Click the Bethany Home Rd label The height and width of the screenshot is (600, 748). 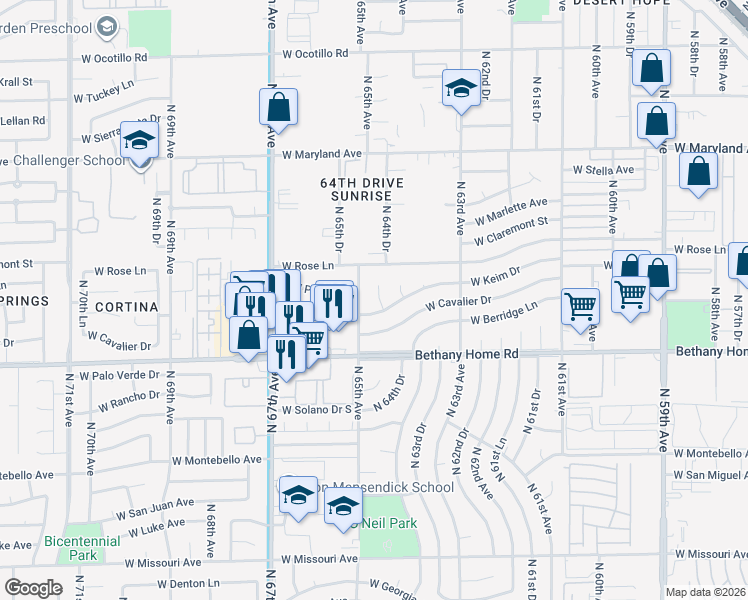pos(467,354)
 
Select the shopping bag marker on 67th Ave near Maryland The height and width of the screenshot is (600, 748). pos(279,108)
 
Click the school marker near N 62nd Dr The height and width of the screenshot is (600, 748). pos(460,89)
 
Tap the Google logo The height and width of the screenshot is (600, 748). pos(34,587)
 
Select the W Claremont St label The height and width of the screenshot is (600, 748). pos(512,230)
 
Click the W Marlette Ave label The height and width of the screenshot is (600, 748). pos(511,211)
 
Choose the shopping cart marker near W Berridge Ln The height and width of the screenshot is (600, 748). pos(580,306)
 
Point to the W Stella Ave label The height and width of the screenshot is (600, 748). pos(603,171)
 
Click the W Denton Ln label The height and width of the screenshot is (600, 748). pos(179,583)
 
